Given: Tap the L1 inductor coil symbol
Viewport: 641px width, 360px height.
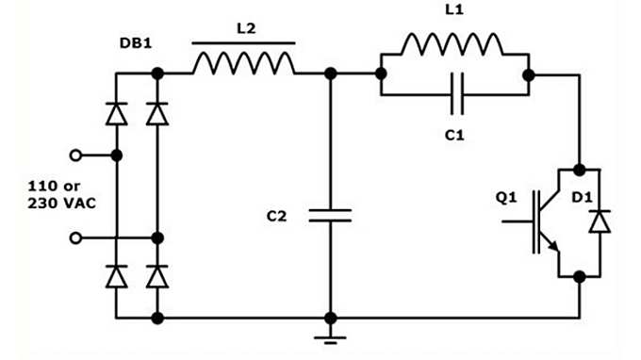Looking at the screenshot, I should (x=452, y=44).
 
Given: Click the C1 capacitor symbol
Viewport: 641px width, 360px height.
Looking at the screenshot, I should (x=453, y=95).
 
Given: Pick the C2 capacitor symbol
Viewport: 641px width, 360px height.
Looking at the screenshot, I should (x=330, y=216).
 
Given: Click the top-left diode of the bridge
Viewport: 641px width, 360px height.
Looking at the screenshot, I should (x=116, y=114).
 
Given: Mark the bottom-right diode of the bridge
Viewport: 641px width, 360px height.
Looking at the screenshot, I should (x=157, y=276).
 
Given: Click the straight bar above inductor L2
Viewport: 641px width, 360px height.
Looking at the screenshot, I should (x=243, y=42).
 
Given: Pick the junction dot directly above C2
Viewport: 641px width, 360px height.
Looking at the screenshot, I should (x=330, y=74).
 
